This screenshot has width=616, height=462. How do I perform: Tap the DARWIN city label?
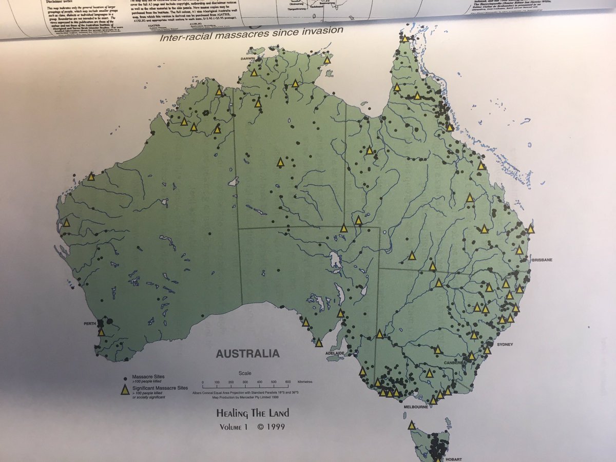[248, 59]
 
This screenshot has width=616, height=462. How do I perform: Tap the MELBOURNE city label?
[415, 407]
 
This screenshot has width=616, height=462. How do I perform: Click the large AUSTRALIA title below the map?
[247, 354]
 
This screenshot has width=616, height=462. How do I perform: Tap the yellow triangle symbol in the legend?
[124, 390]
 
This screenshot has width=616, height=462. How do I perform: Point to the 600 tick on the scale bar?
[288, 382]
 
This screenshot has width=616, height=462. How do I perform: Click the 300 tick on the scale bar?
[245, 382]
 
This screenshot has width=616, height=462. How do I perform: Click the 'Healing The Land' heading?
[252, 413]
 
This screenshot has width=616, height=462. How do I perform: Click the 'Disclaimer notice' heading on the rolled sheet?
[47, 2]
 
